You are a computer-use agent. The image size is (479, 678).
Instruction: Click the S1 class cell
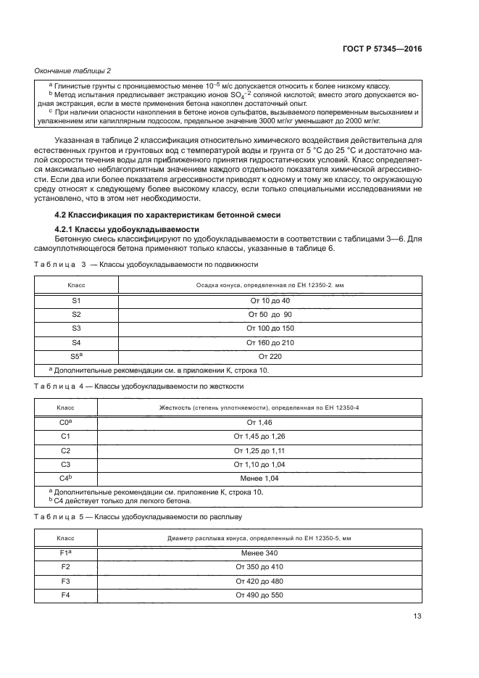point(77,300)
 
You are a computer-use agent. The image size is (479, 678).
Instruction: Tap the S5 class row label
point(77,355)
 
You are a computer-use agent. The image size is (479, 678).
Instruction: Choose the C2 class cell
point(66,450)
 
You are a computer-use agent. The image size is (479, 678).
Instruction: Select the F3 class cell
point(66,581)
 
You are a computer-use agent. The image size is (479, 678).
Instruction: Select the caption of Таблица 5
point(138,517)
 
